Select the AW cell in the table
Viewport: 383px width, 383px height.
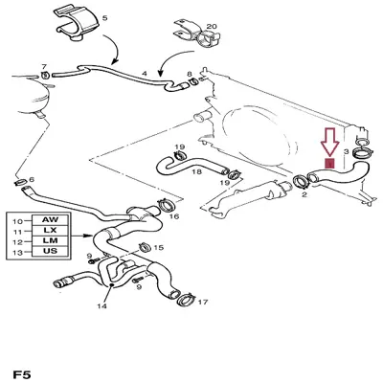[50, 219]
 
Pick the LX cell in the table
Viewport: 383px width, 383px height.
[50, 230]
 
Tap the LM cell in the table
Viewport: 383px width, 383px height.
[50, 240]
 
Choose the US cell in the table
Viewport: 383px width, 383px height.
[50, 251]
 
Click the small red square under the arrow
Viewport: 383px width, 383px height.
[329, 163]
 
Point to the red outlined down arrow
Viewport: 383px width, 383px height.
[329, 143]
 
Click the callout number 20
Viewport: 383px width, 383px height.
[212, 26]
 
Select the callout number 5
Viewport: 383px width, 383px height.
[104, 17]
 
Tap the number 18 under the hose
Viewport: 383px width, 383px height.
[197, 172]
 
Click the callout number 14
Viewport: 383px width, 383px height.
[101, 306]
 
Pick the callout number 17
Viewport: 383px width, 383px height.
[203, 302]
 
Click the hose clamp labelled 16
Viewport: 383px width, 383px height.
[166, 207]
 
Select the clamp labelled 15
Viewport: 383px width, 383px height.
[146, 247]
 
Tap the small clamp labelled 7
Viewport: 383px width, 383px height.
[45, 76]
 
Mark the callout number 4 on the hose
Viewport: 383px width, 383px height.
[145, 74]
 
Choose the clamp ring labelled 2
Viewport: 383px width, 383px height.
[301, 182]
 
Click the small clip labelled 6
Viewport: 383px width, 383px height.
[21, 182]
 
